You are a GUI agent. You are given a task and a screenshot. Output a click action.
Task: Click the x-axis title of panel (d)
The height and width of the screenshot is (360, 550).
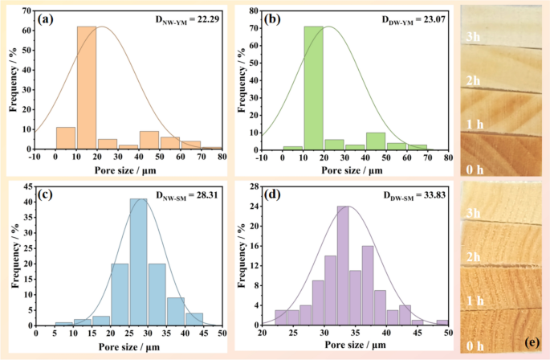[356, 351]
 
